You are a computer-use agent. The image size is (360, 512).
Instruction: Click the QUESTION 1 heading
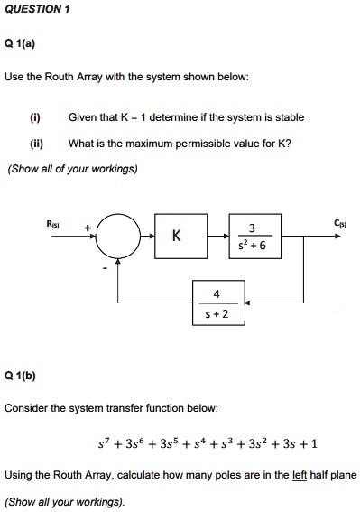click(x=37, y=8)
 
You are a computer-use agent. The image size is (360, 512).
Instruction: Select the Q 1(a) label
click(x=19, y=42)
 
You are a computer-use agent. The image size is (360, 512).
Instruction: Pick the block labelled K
click(x=177, y=237)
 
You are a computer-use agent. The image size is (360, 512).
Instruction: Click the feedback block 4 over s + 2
click(x=216, y=303)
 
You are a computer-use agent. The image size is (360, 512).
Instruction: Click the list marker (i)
click(x=34, y=117)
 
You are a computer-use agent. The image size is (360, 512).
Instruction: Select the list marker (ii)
click(x=35, y=143)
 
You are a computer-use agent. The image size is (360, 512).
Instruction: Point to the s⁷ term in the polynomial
click(x=103, y=443)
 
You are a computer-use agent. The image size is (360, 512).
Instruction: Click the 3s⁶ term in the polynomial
click(x=132, y=443)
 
